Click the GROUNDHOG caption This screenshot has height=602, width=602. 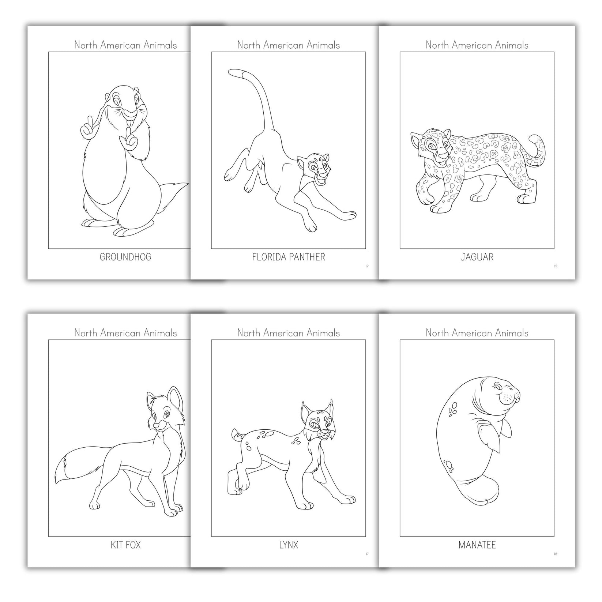click(x=125, y=257)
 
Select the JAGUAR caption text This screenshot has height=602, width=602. click(x=477, y=257)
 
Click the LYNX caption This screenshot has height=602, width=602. click(x=288, y=545)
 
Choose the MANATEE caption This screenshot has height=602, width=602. click(x=477, y=545)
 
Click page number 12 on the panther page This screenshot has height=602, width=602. click(x=367, y=266)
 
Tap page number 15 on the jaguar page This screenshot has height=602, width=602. click(x=555, y=266)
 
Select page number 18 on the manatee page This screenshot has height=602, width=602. click(x=555, y=554)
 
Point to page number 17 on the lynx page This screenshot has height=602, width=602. click(x=367, y=554)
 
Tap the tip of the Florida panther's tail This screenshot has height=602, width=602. click(x=232, y=72)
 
